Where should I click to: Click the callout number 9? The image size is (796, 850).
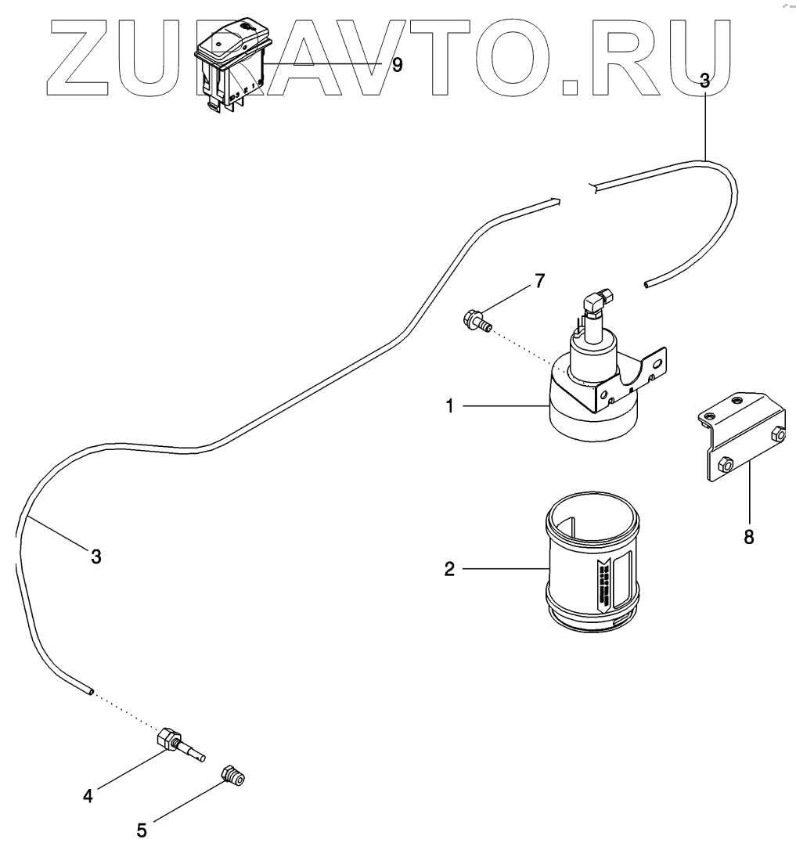(x=397, y=65)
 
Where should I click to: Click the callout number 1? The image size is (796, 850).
(x=450, y=406)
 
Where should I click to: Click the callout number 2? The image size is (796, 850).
(x=449, y=569)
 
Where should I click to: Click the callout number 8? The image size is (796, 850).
(x=749, y=538)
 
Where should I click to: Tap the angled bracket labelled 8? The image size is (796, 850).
(x=744, y=438)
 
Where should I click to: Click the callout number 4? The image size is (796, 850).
(x=88, y=796)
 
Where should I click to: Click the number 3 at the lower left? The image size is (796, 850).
(x=95, y=557)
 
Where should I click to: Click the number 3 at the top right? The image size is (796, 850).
(x=704, y=80)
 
